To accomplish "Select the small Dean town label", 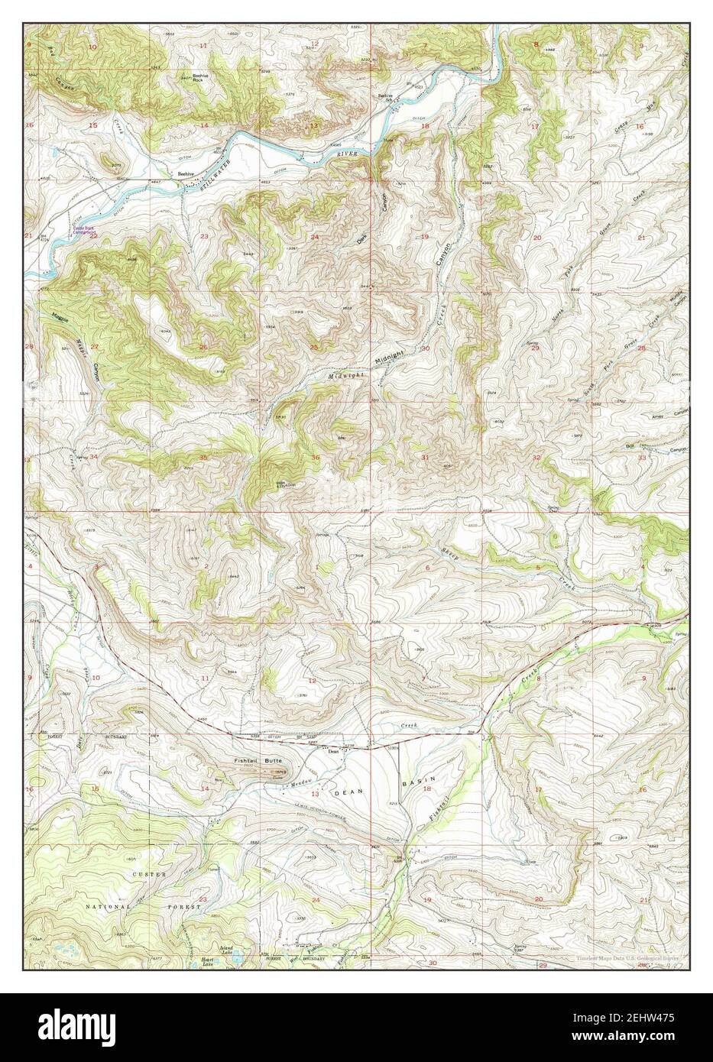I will coord(332,750).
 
